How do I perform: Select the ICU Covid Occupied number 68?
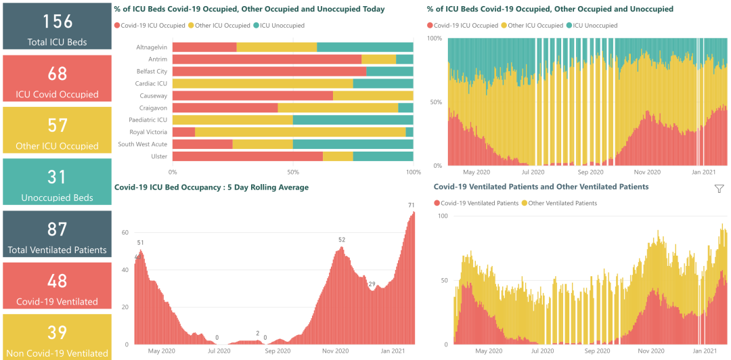[x=57, y=73]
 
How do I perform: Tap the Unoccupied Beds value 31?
[x=57, y=177]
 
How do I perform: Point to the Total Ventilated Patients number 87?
[x=57, y=229]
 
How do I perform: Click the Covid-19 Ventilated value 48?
[x=57, y=280]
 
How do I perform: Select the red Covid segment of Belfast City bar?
[x=269, y=71]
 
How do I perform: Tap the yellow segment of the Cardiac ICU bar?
[x=263, y=83]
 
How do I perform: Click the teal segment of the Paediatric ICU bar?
[x=353, y=120]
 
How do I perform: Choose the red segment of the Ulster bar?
[x=248, y=156]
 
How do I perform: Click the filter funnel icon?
[x=719, y=189]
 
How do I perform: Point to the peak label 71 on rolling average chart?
[x=411, y=205]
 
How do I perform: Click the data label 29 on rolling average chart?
[x=372, y=284]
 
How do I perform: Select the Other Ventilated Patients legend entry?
[x=562, y=203]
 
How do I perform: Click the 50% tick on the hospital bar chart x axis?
[x=293, y=172]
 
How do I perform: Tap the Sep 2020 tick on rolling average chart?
[x=278, y=351]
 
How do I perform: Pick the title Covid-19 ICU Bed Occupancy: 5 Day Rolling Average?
[x=211, y=187]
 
